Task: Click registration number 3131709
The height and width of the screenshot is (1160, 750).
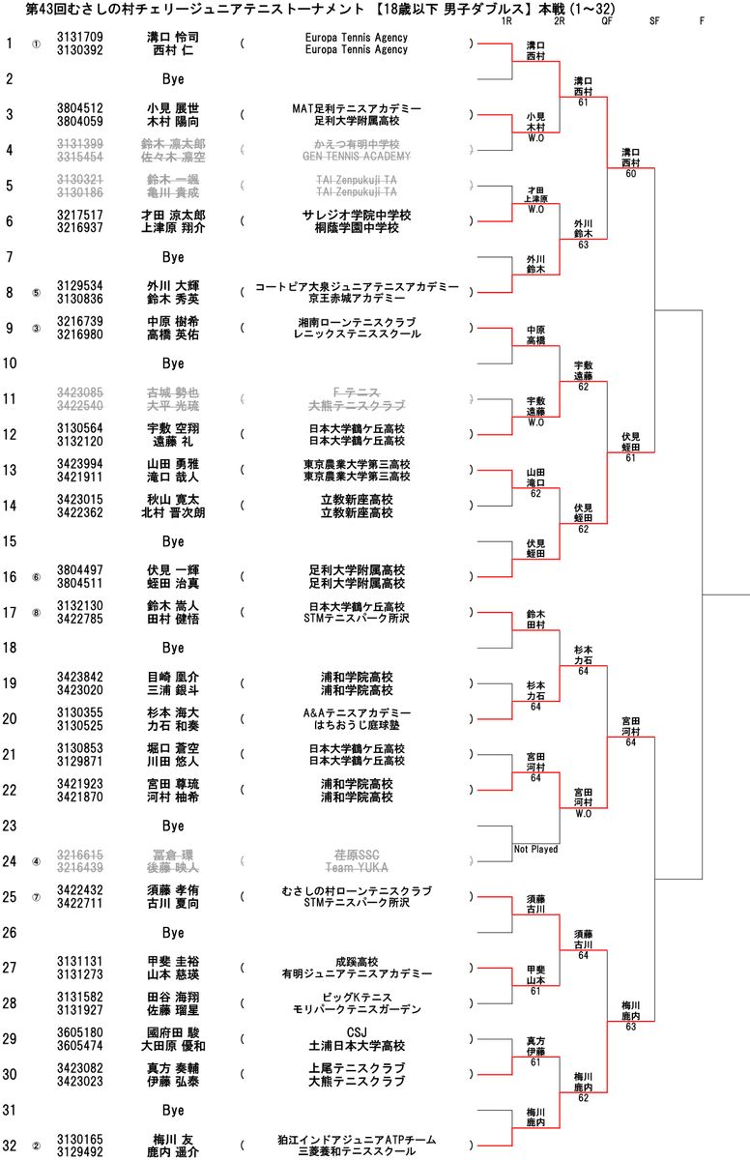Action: pos(80,37)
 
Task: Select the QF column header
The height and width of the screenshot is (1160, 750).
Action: pos(607,20)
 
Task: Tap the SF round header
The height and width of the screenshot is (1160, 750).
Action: pos(655,20)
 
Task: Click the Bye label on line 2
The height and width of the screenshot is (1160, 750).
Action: pos(172,78)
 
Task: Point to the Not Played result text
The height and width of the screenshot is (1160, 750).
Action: pos(535,850)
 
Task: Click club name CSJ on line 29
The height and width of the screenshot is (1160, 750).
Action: pos(356,1033)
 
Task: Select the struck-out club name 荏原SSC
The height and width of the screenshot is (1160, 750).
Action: pos(356,855)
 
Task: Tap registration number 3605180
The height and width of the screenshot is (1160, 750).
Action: pos(80,1033)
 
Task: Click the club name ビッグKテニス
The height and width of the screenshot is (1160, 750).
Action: pos(356,998)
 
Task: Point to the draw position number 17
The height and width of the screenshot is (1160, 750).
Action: pos(10,613)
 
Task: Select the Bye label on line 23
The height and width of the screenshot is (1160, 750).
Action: pos(172,826)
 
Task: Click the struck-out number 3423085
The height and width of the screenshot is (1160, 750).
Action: pos(80,392)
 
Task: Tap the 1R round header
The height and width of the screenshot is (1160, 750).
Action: pos(507,20)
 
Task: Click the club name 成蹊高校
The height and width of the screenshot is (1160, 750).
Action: pos(356,962)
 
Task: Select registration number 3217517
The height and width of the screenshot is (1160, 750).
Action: pos(80,215)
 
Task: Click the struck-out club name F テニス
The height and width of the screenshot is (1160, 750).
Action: pos(356,392)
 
